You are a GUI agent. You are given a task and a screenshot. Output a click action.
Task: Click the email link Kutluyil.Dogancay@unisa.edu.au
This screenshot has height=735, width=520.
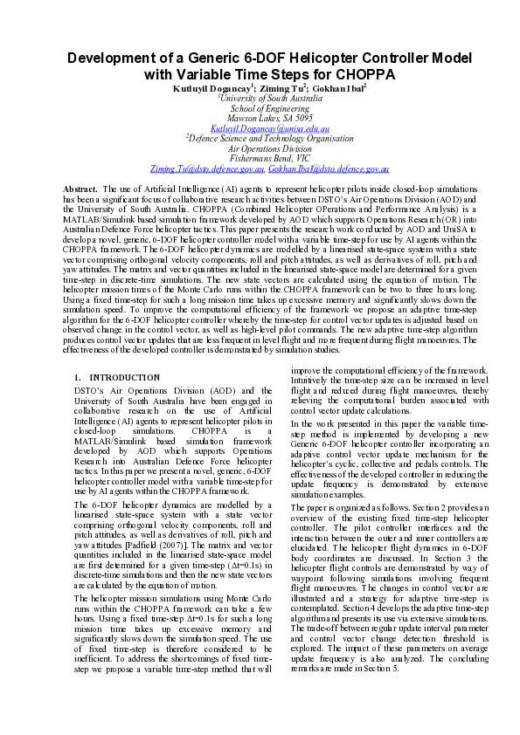coord(260,127)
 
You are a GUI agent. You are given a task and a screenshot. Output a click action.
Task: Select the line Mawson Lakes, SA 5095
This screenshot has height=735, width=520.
coord(260,118)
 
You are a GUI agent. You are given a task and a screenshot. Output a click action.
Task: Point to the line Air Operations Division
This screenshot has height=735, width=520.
coord(260,148)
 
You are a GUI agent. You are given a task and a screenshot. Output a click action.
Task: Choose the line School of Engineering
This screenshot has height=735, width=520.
coord(260,108)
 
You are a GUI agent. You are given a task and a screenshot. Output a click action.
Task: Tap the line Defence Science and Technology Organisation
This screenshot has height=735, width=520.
coord(259,138)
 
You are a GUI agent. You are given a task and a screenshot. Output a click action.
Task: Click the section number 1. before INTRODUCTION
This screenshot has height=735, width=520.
coord(79,378)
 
